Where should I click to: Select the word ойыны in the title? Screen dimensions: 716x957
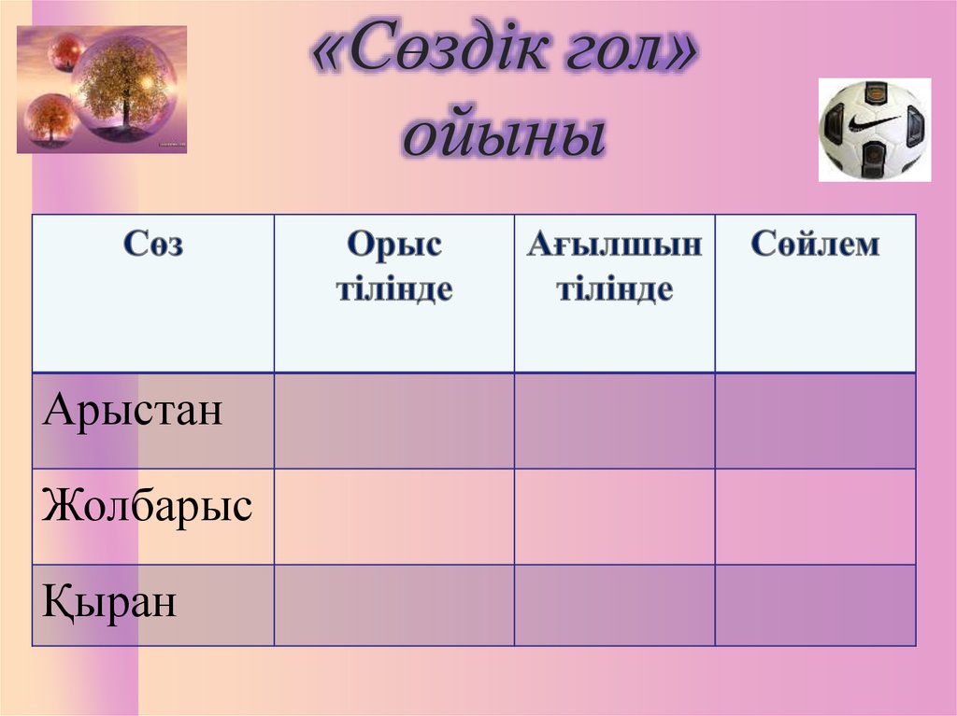pyautogui.click(x=505, y=135)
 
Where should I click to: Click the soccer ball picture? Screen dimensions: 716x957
pyautogui.click(x=874, y=130)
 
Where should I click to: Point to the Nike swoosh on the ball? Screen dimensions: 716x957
pyautogui.click(x=874, y=122)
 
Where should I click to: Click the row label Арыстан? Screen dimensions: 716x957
pyautogui.click(x=133, y=410)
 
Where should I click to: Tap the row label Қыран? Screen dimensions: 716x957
pyautogui.click(x=109, y=602)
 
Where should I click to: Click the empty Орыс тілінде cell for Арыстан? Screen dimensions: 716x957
pyautogui.click(x=393, y=421)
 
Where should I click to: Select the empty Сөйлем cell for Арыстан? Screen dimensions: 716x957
pyautogui.click(x=815, y=421)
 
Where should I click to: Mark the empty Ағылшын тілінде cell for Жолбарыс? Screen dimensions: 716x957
pyautogui.click(x=614, y=516)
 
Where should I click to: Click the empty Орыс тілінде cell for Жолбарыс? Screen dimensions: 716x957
pyautogui.click(x=393, y=516)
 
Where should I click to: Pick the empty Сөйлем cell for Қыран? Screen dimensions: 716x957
pyautogui.click(x=815, y=605)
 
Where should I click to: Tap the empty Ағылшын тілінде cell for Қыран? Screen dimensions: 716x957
pyautogui.click(x=614, y=605)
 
